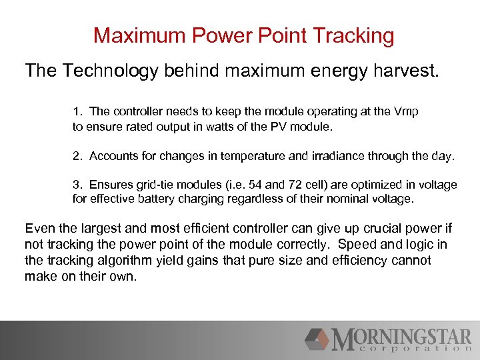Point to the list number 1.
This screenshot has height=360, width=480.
point(76,111)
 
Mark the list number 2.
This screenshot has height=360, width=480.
point(76,156)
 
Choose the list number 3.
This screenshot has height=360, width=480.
point(76,185)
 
